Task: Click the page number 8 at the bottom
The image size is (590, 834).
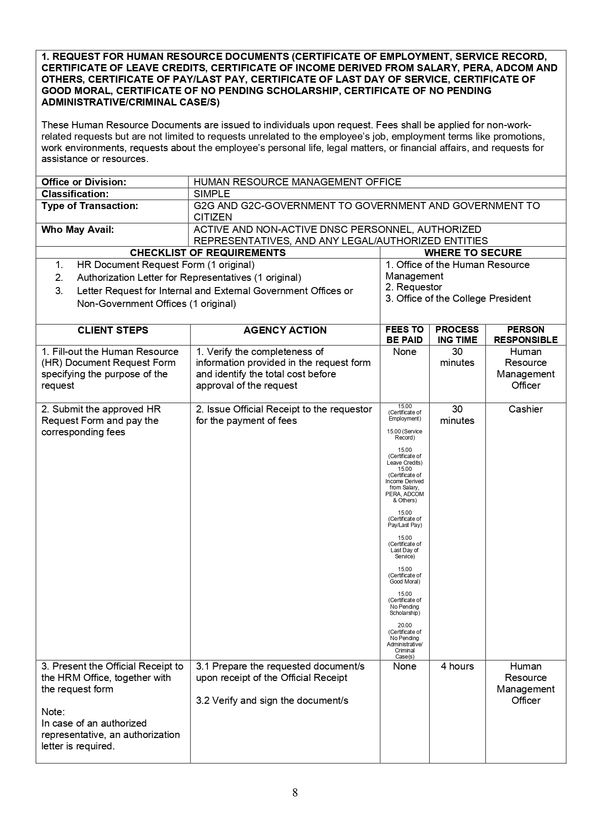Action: coord(295,792)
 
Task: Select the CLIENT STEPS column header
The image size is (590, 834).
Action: coord(113,330)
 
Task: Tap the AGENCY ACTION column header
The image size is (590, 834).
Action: coord(285,330)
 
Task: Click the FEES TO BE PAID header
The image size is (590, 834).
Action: coord(404,335)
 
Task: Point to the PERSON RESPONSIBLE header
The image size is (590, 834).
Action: coord(525,335)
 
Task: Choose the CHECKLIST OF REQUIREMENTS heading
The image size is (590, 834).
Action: coord(208,253)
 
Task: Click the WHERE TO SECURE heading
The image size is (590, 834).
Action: coord(473,253)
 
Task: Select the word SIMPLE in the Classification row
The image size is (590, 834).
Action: coord(212,194)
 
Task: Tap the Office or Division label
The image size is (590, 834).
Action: coord(84,182)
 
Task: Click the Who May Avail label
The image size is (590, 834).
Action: coord(78,230)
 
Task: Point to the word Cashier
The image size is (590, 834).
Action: coord(525,409)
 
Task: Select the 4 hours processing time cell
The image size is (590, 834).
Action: coord(457,666)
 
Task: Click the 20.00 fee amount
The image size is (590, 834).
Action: coord(404,625)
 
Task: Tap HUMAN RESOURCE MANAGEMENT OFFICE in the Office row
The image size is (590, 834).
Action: coord(297,182)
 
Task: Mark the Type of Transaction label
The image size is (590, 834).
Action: coord(90,206)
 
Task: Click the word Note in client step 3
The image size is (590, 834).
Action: coord(53,712)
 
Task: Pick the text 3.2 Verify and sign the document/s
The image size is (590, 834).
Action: coord(272,700)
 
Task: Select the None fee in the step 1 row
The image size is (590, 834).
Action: coord(404,352)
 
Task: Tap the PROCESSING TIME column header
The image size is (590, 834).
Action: coord(457,335)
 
